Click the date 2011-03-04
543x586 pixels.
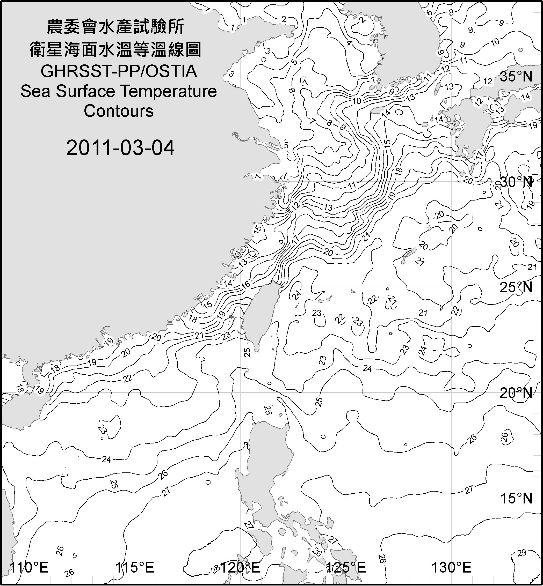120,148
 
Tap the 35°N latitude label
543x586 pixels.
516,77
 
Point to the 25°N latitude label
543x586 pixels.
516,287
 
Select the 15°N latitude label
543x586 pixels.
516,498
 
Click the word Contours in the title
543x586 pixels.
118,111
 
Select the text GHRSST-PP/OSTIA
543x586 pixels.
118,71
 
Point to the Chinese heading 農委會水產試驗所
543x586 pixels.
115,26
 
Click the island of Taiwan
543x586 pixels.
260,317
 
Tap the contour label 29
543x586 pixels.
522,553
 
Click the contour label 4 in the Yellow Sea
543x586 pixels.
349,43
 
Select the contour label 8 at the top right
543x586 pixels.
451,12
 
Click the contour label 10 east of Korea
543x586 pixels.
495,42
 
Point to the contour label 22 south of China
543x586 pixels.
127,379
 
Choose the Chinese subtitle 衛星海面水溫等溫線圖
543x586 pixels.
115,49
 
